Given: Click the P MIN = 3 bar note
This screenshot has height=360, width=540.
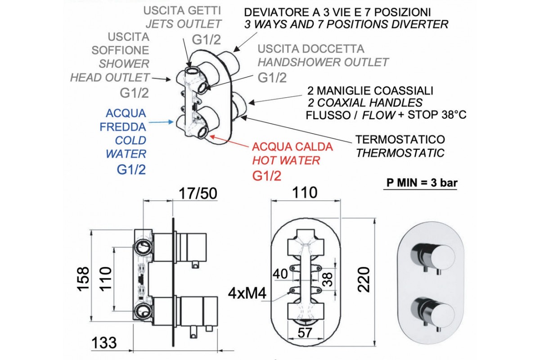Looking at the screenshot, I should (420, 184).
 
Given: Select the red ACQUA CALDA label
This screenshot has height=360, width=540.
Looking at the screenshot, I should (292, 147).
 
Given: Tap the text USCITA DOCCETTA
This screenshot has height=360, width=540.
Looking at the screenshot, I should (311, 49).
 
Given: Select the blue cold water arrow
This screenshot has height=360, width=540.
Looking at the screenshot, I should (162, 121).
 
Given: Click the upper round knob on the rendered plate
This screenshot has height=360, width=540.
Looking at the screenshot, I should (432, 254).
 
